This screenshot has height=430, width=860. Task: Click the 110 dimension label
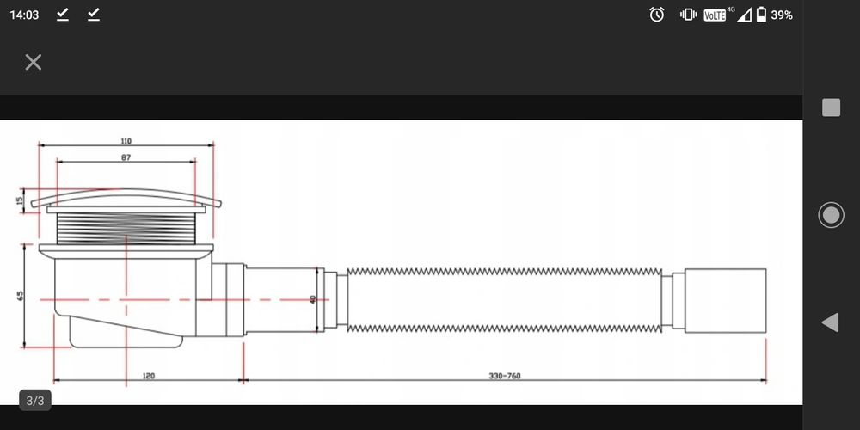[126, 141]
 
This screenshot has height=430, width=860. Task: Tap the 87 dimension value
[126, 157]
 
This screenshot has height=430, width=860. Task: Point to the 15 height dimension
[20, 200]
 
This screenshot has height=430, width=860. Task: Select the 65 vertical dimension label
[21, 295]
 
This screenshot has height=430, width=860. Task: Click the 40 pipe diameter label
[313, 299]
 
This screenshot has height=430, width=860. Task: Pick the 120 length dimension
[149, 376]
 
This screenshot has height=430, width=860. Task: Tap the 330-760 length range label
[505, 376]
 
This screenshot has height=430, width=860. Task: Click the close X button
[34, 63]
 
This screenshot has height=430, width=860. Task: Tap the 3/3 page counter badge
[35, 401]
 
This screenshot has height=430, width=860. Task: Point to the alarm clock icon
[656, 15]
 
